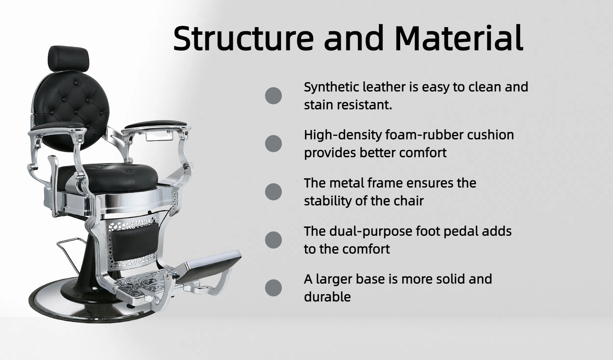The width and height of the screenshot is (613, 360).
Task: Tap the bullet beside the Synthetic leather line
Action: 273,96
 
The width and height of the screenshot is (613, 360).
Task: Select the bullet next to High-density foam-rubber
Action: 273,144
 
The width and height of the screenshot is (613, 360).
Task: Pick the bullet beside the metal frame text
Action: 273,192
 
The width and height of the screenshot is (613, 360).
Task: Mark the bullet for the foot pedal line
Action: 273,240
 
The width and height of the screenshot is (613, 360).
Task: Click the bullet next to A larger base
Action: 273,288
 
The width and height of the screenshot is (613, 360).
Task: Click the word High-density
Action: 343,135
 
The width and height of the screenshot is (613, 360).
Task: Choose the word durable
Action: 327,297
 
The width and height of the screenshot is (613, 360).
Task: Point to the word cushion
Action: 490,135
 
